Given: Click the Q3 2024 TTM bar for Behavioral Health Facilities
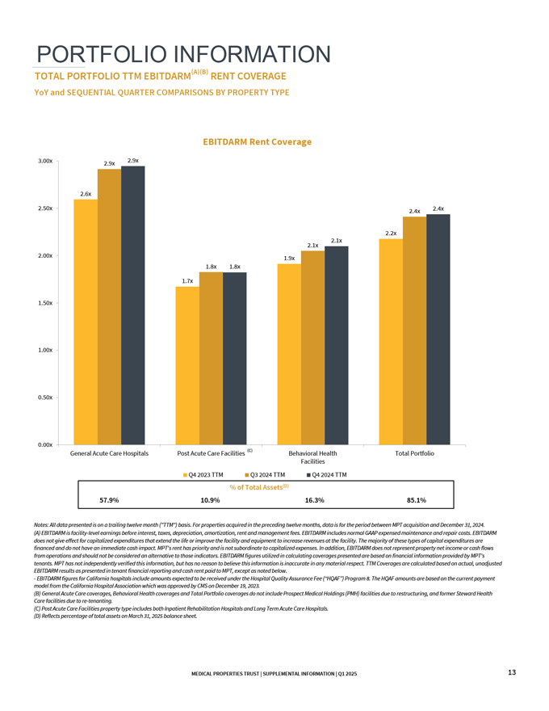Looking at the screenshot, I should [x=312, y=347].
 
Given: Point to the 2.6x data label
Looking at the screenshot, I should [x=85, y=194].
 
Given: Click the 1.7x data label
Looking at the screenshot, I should [x=187, y=280].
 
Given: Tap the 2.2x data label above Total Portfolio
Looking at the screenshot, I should [x=391, y=233].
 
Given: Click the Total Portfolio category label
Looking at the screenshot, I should [x=414, y=453].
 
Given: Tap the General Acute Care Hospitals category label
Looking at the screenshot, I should [x=109, y=453].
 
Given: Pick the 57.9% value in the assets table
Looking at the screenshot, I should [x=109, y=500].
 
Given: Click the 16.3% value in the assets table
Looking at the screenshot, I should [x=315, y=500].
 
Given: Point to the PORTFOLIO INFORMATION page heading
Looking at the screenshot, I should [x=183, y=54].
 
